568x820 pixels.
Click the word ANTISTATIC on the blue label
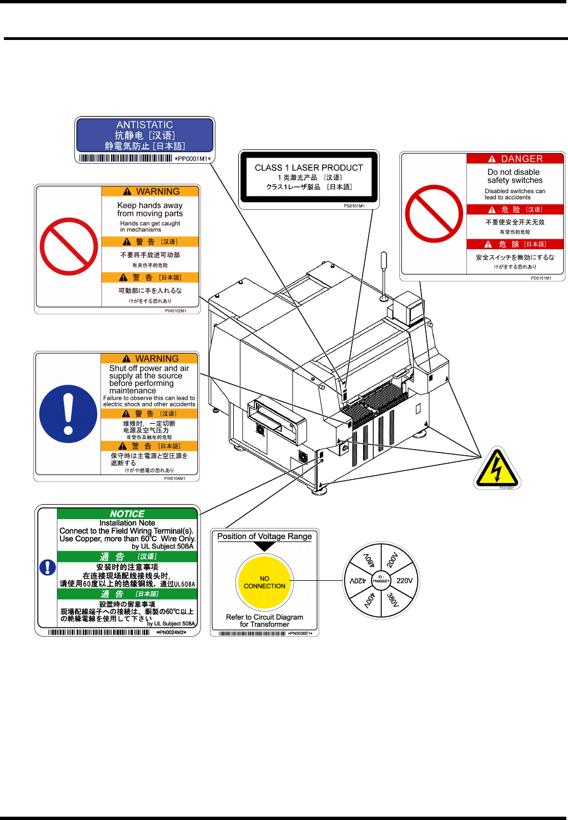(144, 125)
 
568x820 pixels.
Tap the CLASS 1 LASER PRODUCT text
(309, 168)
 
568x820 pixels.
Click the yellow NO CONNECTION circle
(264, 582)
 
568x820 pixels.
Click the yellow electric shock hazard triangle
(497, 469)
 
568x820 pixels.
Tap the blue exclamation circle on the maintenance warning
(68, 414)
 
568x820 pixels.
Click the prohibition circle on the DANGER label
(434, 214)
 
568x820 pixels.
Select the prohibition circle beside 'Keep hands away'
(69, 246)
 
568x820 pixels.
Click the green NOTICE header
(127, 514)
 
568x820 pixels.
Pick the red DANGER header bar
(515, 159)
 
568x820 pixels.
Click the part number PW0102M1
(175, 311)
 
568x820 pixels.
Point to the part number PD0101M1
(541, 278)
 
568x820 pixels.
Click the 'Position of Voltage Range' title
(264, 536)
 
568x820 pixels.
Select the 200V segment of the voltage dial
(392, 559)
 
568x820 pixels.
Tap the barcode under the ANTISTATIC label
(125, 158)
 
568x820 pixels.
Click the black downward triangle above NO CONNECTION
(264, 546)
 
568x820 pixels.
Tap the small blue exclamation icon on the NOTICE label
(48, 567)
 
